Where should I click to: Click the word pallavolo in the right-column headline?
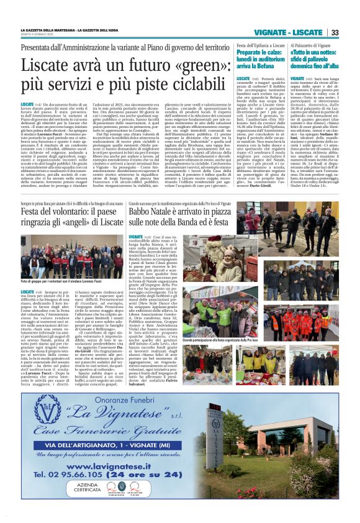tap(308, 65)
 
